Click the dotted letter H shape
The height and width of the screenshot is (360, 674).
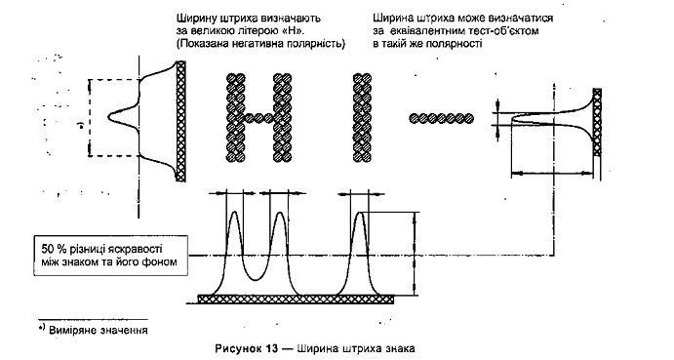tap(259, 117)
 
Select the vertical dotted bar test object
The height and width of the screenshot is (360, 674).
tap(363, 117)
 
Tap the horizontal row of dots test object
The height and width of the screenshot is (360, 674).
tap(441, 118)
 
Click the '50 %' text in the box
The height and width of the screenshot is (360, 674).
tap(52, 249)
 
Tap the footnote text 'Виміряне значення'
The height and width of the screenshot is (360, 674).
tap(99, 331)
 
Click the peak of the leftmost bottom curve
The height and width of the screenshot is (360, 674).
tap(234, 212)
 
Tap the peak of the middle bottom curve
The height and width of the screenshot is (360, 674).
tap(280, 212)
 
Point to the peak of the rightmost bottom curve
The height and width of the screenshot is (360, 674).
tap(362, 212)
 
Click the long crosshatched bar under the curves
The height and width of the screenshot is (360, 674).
tap(296, 299)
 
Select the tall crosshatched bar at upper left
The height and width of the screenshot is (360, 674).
tap(181, 121)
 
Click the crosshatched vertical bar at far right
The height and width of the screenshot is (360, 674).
tap(597, 122)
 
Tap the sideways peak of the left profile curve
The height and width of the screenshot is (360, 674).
tap(108, 116)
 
